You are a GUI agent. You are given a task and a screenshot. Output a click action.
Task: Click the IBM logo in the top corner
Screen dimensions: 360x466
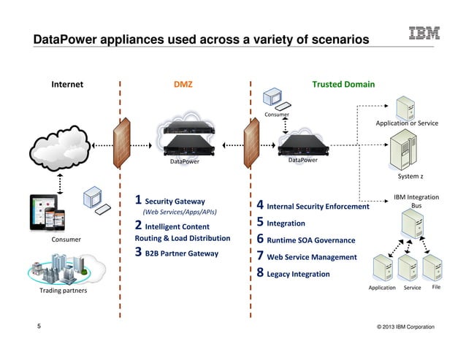pyautogui.click(x=424, y=34)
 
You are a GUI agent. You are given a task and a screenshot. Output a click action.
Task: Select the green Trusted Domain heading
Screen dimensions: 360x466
pyautogui.click(x=343, y=84)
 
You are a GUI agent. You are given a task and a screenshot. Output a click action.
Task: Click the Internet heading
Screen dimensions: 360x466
pyautogui.click(x=66, y=84)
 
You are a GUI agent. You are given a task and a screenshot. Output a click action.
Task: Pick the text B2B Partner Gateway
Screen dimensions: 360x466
pyautogui.click(x=182, y=253)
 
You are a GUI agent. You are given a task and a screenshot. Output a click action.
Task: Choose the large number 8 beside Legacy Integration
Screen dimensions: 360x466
pyautogui.click(x=260, y=275)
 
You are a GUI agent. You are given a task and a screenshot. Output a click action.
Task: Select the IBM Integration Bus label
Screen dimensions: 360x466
pyautogui.click(x=416, y=202)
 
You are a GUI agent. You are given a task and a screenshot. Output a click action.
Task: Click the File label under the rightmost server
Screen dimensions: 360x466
pyautogui.click(x=436, y=288)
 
